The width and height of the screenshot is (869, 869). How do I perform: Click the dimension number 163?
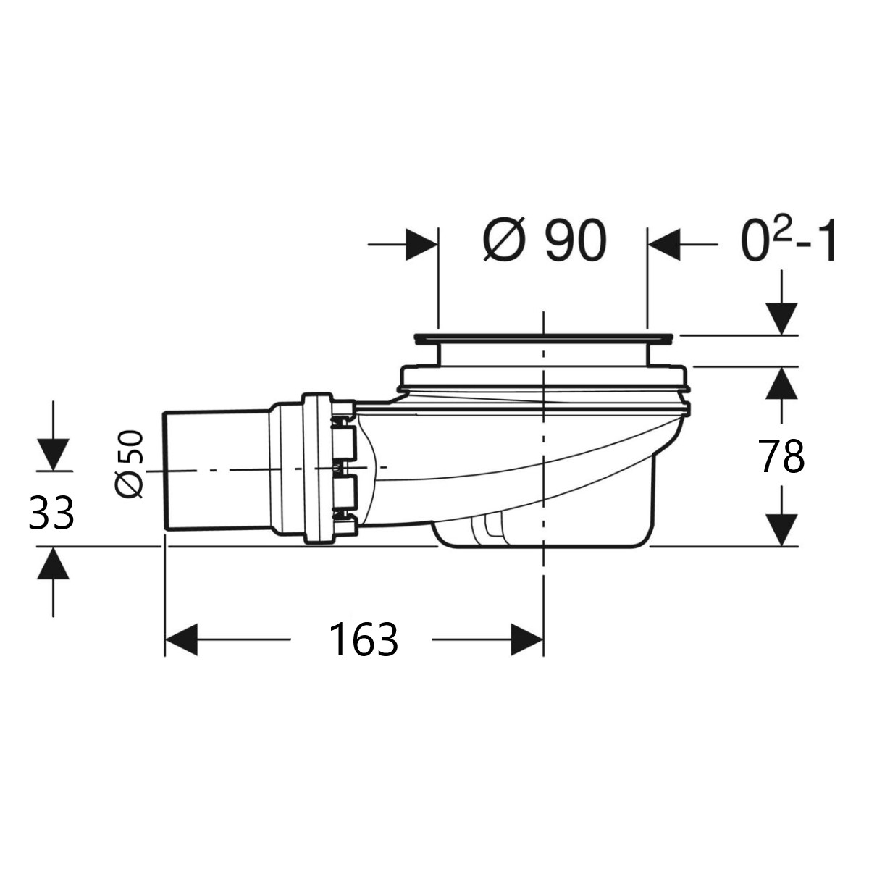click(x=364, y=639)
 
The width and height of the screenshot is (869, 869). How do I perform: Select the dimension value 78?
click(x=781, y=456)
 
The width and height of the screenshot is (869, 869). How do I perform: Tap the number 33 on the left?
click(x=51, y=512)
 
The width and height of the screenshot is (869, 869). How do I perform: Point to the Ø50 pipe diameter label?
click(x=129, y=464)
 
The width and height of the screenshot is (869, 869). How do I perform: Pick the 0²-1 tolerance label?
click(x=789, y=240)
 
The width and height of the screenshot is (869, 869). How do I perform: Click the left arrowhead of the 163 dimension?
click(x=181, y=639)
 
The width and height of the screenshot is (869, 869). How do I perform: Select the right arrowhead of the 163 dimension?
click(x=527, y=639)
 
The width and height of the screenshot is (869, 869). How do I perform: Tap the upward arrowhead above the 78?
click(x=781, y=382)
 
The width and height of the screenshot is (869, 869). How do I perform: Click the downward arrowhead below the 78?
click(x=781, y=530)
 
